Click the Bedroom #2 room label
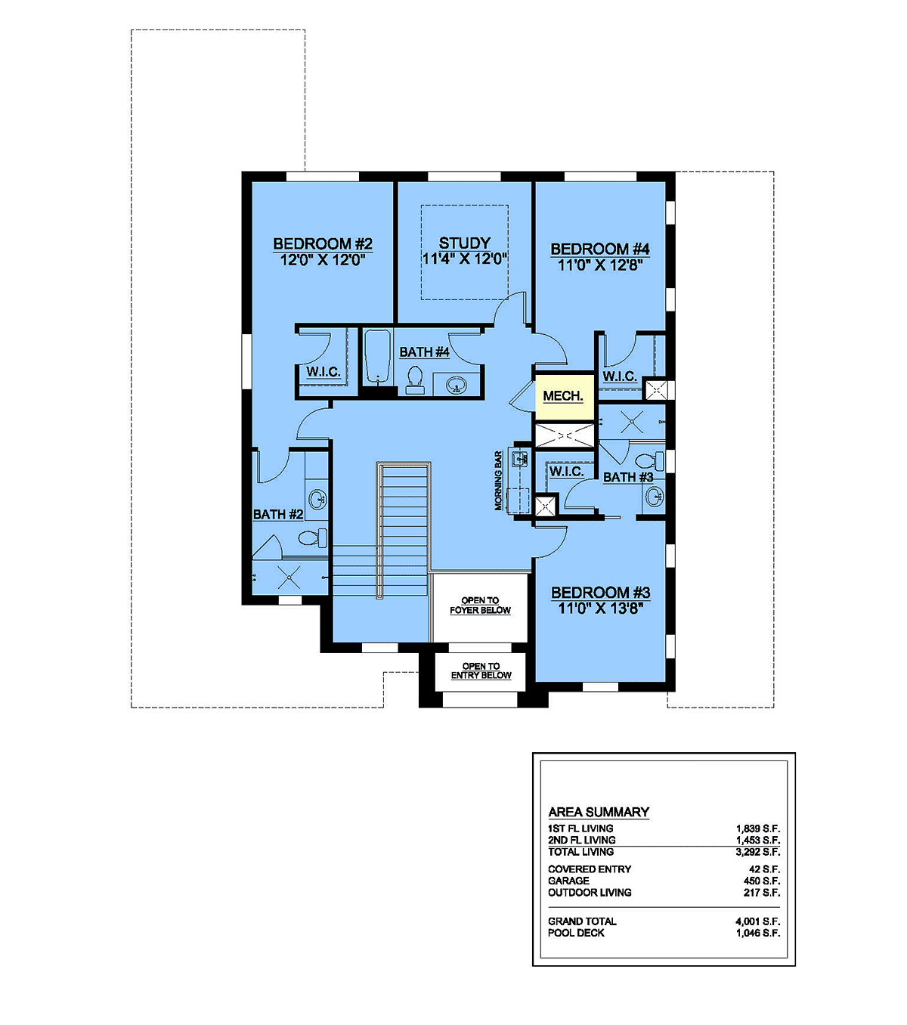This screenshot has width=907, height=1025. pyautogui.click(x=323, y=244)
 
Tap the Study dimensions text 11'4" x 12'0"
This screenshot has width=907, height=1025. pyautogui.click(x=464, y=259)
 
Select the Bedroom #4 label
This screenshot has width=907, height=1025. pyautogui.click(x=600, y=249)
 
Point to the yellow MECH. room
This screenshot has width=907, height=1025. pyautogui.click(x=565, y=396)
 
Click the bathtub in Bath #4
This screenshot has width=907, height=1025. pyautogui.click(x=377, y=356)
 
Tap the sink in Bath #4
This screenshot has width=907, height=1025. pyautogui.click(x=456, y=386)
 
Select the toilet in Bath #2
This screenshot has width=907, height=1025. pyautogui.click(x=313, y=537)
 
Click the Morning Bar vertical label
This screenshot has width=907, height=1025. pyautogui.click(x=498, y=481)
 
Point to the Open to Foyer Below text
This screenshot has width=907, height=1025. pyautogui.click(x=480, y=605)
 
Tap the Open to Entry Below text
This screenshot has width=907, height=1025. pyautogui.click(x=481, y=670)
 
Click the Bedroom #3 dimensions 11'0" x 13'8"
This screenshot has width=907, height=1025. pyautogui.click(x=600, y=608)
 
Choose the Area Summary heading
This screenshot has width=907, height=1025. pyautogui.click(x=599, y=812)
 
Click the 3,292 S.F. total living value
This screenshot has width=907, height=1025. pyautogui.click(x=758, y=852)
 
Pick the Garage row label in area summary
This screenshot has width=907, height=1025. pyautogui.click(x=568, y=881)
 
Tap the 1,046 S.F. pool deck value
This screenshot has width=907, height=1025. pyautogui.click(x=758, y=933)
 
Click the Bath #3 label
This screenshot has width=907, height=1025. pyautogui.click(x=628, y=477)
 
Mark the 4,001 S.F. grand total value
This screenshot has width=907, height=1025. pyautogui.click(x=758, y=921)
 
